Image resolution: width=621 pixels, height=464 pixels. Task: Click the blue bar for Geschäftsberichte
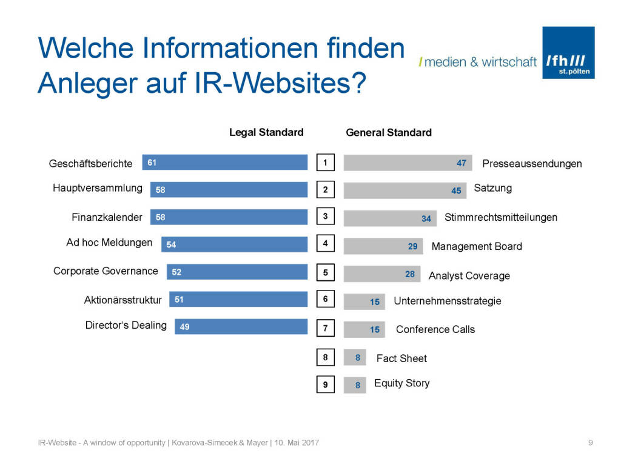tap(225, 163)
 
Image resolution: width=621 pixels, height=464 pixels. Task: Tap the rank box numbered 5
tap(326, 273)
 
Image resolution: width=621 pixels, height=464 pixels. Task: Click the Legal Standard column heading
tap(266, 132)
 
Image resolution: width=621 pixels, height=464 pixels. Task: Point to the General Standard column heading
tap(389, 132)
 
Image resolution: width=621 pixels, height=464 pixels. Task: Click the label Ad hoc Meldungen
tap(109, 243)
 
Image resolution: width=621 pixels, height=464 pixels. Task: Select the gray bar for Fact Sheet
tap(355, 358)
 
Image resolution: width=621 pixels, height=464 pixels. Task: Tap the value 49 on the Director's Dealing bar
tap(185, 327)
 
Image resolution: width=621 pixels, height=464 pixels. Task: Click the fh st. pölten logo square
tap(568, 52)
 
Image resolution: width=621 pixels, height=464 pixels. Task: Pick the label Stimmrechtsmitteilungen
tap(501, 217)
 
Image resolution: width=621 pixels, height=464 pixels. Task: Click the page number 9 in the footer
tap(590, 443)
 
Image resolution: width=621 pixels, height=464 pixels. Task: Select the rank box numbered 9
tap(326, 385)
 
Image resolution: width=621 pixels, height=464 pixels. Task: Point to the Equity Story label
tap(401, 383)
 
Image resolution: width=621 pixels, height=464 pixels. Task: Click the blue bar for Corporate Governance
tap(237, 272)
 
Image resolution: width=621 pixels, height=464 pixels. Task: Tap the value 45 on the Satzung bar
tap(456, 190)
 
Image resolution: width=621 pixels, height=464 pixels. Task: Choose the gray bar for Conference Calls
tap(364, 329)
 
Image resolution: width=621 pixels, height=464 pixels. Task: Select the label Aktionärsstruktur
tap(123, 300)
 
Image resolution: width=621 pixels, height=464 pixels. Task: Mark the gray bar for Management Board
tap(383, 246)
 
